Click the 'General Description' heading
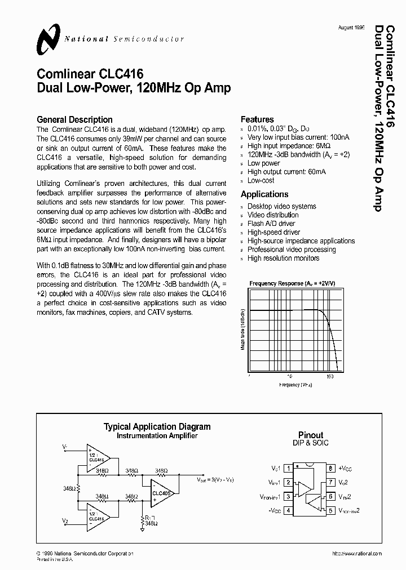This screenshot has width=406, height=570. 74,119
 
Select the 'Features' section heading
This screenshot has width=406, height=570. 257,119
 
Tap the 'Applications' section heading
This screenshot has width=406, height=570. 264,194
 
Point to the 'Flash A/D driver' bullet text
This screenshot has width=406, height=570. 271,224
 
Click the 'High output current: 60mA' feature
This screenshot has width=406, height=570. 286,172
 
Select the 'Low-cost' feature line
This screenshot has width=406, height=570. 261,180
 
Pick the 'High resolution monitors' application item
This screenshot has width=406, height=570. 283,258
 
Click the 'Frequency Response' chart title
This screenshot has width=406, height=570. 292,283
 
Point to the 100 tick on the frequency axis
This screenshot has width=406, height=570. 330,376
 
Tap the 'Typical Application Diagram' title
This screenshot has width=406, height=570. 157,427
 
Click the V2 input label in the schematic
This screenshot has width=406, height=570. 65,520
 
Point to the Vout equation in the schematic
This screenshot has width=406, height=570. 214,479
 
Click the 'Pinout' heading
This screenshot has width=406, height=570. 311,435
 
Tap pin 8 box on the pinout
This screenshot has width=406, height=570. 332,468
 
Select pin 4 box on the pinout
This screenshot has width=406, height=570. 288,511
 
